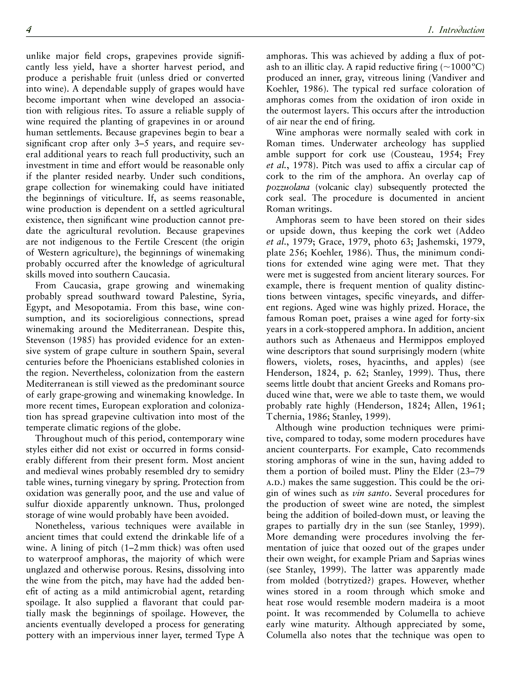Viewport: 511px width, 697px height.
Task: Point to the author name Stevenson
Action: coord(45,340)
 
